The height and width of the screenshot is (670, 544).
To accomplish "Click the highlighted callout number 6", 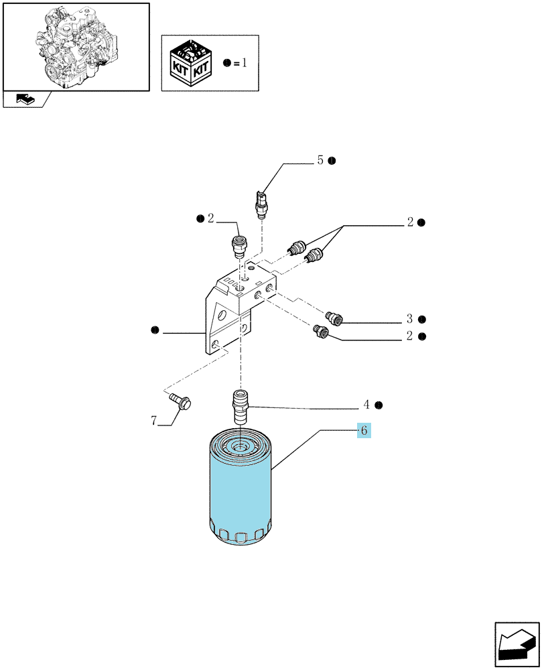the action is coord(364,430).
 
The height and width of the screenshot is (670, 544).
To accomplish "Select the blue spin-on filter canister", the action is coord(240,487).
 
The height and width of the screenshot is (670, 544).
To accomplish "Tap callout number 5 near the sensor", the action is coord(320,160).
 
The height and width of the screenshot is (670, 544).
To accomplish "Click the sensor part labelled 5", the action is coord(261,204).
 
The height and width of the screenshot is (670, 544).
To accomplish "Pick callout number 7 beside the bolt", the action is coord(154,421).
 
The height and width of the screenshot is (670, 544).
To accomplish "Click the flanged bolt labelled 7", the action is coord(180,401).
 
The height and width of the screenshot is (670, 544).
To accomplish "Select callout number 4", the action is coord(366,404).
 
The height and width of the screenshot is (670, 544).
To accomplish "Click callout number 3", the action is coord(409,319).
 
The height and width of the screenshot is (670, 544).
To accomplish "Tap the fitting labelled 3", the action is coord(334,318).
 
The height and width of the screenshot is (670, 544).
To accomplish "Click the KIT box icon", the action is coord(190,63).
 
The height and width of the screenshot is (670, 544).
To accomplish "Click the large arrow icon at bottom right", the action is coord(517,645).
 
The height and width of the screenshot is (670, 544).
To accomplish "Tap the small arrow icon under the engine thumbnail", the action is coord(25,99).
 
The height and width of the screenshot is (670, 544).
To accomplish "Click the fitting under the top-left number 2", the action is coord(239,246).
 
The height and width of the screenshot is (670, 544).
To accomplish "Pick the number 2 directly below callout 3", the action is coord(409,336).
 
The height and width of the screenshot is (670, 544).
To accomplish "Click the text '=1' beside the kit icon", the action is coord(240,63).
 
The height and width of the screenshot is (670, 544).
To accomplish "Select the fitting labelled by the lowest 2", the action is coord(321,331).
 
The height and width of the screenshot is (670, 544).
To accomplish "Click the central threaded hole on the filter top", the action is coord(239,448).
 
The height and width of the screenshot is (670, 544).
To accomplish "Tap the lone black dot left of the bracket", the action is coord(155,330).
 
